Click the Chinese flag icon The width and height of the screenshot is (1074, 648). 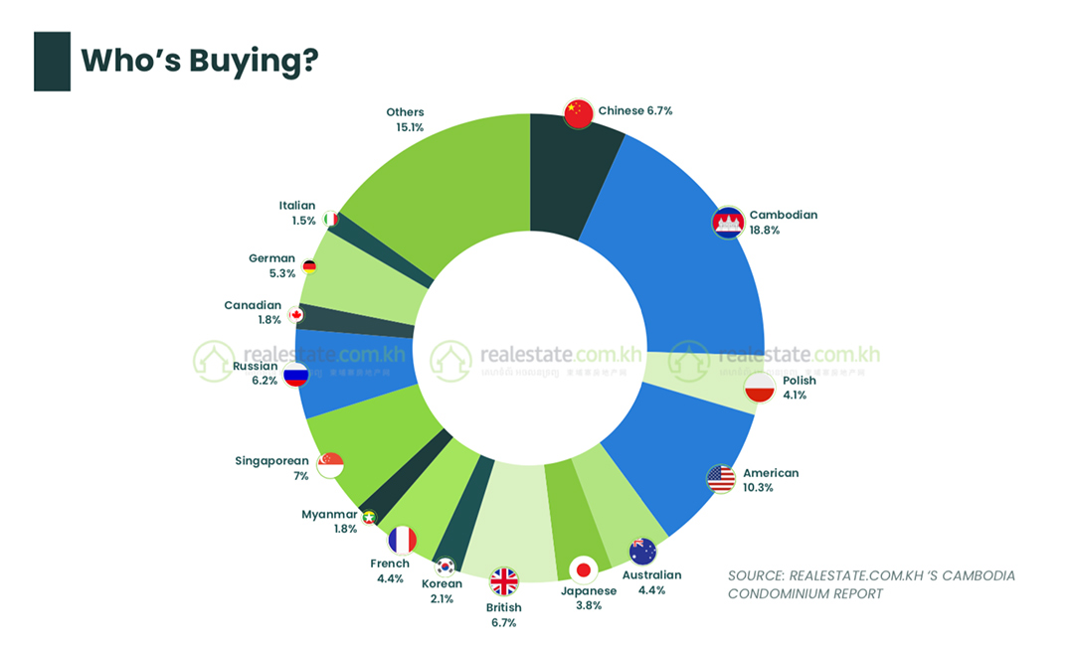point(579,113)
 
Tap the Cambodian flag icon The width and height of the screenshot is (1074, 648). point(729,223)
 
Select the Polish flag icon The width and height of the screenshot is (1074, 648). point(760,388)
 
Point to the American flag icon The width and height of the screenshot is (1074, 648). point(721,479)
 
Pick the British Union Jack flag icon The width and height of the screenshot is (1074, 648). point(504,581)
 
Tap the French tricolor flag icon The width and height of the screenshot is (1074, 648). point(402,541)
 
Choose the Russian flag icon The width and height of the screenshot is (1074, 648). point(295,374)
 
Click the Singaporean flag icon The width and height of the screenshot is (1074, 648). point(330,464)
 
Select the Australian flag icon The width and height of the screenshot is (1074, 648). point(642,551)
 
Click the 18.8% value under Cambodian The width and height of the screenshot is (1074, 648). point(764,231)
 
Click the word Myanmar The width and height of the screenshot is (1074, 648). point(329,515)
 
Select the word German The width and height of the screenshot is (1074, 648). point(271,258)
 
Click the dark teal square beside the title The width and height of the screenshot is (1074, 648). point(52,62)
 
